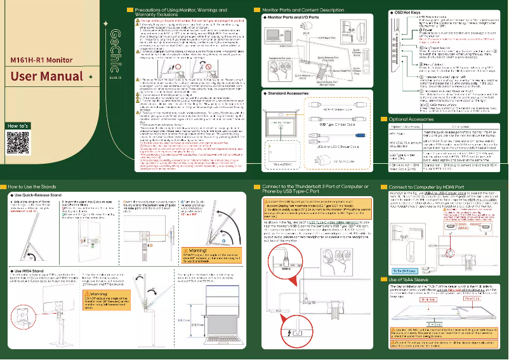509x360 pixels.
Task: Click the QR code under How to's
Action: pyautogui.click(x=19, y=144)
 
